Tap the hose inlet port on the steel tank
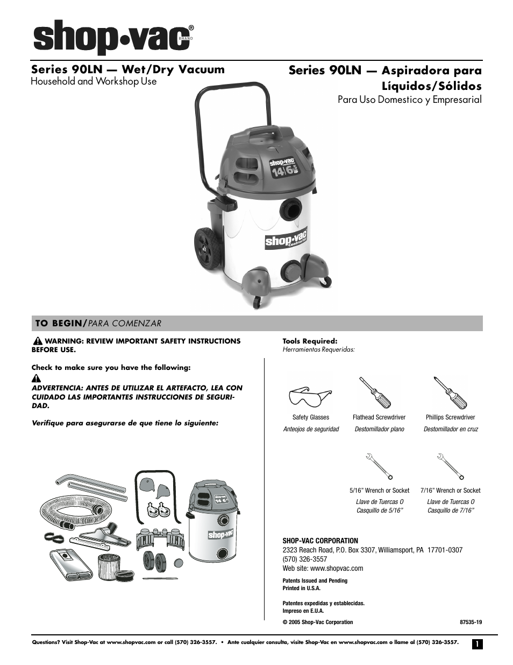pyautogui.click(x=290, y=207)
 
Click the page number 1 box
pyautogui.click(x=476, y=644)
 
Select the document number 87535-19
pyautogui.click(x=471, y=622)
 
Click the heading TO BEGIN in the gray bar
pyautogui.click(x=59, y=323)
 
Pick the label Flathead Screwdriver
pyautogui.click(x=379, y=417)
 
